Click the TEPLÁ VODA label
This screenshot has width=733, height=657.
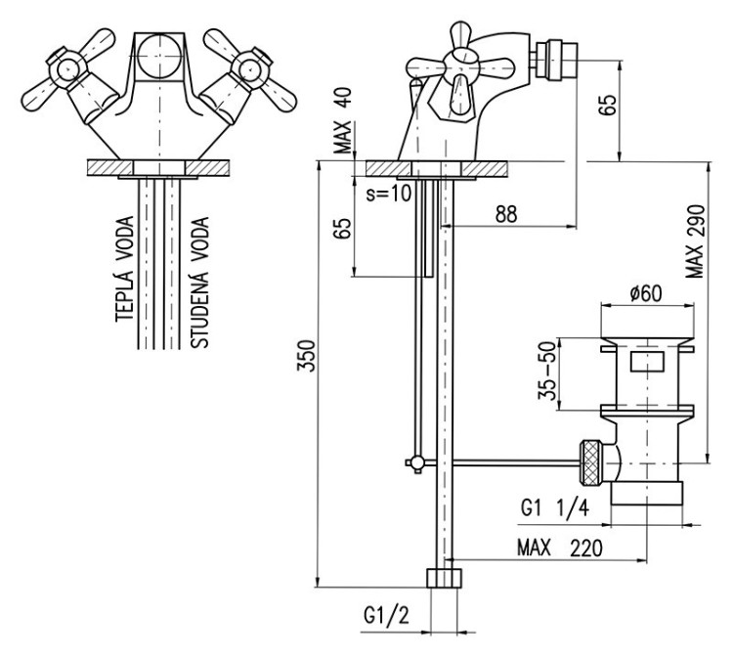(124, 271)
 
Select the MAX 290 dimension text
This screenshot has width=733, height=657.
(695, 241)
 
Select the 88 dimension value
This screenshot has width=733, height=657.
(505, 214)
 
